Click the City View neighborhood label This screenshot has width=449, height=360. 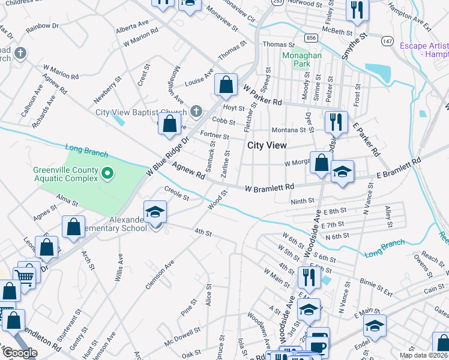tap(267, 145)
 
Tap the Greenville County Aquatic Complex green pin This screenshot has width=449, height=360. tap(107, 174)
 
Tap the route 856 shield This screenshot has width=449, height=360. tap(310, 37)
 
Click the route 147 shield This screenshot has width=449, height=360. tap(387, 41)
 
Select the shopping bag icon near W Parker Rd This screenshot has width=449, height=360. tap(226, 85)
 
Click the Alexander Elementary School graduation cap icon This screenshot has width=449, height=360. tap(155, 212)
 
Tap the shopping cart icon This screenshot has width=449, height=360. tap(24, 276)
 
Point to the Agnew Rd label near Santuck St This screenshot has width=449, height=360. tap(188, 172)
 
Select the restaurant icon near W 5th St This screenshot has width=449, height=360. tap(307, 277)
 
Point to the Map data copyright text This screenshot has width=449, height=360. tap(423, 355)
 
